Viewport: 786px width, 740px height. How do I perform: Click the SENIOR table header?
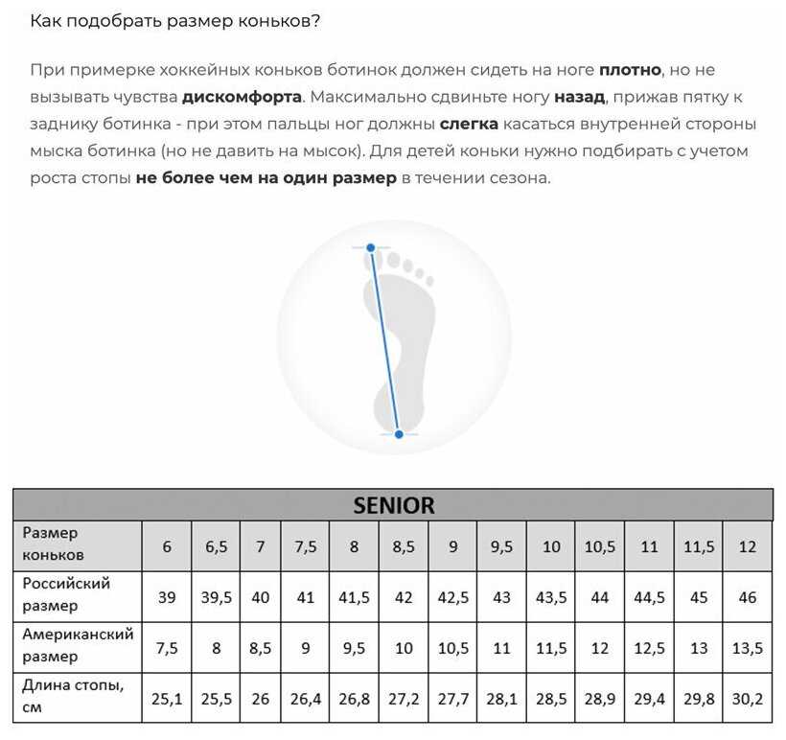pyautogui.click(x=393, y=504)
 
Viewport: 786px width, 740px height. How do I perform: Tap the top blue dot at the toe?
pyautogui.click(x=371, y=247)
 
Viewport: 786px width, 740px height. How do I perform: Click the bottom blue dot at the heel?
pyautogui.click(x=399, y=434)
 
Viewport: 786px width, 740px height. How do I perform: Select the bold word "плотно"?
pyautogui.click(x=631, y=70)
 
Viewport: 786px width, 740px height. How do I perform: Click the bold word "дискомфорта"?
pyautogui.click(x=242, y=97)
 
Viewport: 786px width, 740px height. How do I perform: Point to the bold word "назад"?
pyautogui.click(x=579, y=97)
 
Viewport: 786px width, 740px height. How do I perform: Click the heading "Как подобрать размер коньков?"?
pyautogui.click(x=175, y=21)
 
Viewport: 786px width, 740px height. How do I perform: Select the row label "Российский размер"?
pyautogui.click(x=66, y=594)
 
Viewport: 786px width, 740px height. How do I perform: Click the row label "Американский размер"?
pyautogui.click(x=77, y=645)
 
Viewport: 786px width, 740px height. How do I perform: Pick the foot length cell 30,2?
pyautogui.click(x=748, y=699)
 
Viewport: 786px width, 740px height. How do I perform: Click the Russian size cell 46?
pyautogui.click(x=748, y=597)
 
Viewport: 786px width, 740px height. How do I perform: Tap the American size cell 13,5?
pyautogui.click(x=748, y=648)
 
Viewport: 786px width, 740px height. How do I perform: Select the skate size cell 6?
pyautogui.click(x=167, y=546)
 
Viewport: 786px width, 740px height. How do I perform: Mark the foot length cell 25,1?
pyautogui.click(x=167, y=699)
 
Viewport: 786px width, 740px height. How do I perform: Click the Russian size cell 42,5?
pyautogui.click(x=452, y=597)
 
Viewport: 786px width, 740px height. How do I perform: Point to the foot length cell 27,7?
pyautogui.click(x=452, y=699)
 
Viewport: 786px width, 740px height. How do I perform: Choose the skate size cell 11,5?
pyautogui.click(x=699, y=546)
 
